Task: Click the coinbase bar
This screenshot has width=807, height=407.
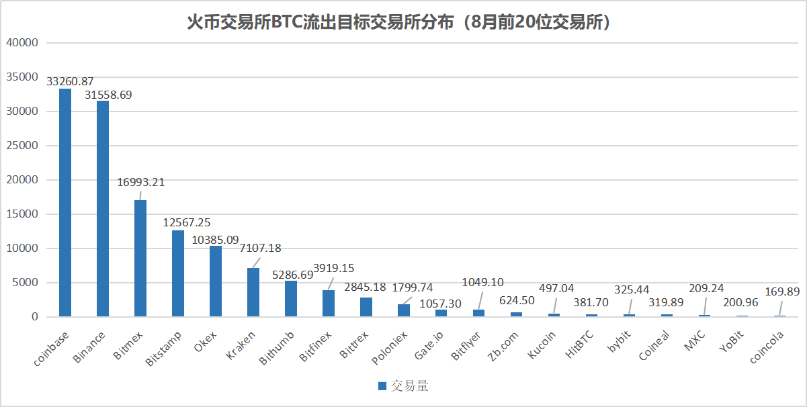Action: (65, 202)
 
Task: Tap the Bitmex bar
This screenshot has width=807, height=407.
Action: (140, 258)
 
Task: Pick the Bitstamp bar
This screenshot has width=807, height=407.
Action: (178, 273)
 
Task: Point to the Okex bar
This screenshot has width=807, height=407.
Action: (216, 281)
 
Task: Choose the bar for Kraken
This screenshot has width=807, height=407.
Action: (253, 292)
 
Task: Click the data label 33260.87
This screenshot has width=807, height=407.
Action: (69, 81)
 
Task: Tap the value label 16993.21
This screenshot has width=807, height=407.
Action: (140, 182)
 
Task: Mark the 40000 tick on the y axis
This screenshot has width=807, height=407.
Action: (24, 43)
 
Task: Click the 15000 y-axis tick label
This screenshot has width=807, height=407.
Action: (24, 214)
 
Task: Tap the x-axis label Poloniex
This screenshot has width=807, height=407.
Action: (390, 347)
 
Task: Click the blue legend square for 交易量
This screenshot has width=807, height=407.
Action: (382, 386)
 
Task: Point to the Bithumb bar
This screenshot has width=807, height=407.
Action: (291, 299)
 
